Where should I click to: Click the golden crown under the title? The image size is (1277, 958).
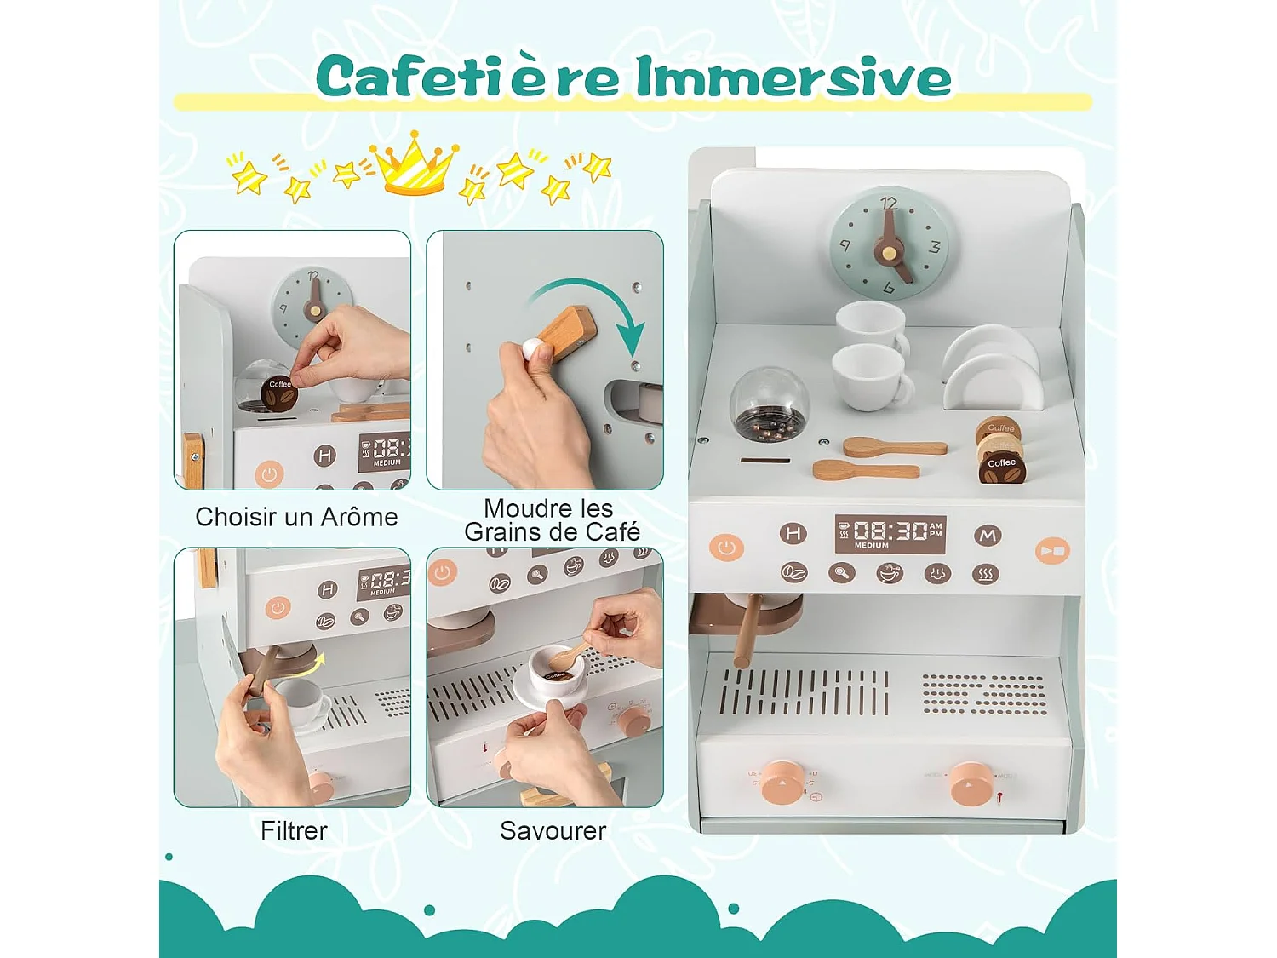pos(414,164)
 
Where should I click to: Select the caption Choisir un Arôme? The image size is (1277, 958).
pos(296,517)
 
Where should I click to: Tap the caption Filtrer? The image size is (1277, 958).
pos(294,830)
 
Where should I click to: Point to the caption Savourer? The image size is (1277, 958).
pos(553,830)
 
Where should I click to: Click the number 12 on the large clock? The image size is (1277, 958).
pos(889,203)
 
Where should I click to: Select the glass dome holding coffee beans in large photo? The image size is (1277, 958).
pos(769,405)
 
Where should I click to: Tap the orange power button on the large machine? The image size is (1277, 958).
pos(726,547)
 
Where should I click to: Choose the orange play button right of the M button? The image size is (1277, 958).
pos(1052,551)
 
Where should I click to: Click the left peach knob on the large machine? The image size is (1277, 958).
pos(782,782)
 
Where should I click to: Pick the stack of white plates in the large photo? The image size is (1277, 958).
pos(992,368)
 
